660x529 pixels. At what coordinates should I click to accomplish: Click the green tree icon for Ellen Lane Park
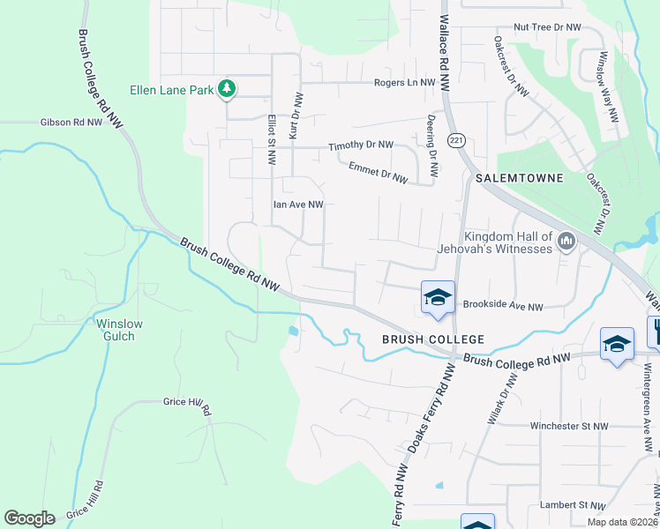tap(228, 88)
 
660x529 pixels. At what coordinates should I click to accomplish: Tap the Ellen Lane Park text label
tap(172, 89)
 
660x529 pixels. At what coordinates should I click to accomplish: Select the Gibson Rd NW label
tap(71, 123)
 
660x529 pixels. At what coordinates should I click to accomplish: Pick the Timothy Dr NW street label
tap(361, 146)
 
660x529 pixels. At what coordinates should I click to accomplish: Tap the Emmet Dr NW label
tap(378, 172)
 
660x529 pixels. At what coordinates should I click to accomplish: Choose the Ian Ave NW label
tap(298, 205)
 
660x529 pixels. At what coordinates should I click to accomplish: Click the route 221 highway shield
tap(456, 140)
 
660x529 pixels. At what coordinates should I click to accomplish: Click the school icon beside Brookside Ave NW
tap(438, 297)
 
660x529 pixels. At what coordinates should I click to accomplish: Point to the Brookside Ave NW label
tap(503, 307)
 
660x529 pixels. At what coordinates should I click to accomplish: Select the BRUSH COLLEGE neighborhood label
tap(432, 339)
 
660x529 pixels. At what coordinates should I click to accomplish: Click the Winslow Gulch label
tap(116, 330)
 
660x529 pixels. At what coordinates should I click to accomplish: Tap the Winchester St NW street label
tap(569, 426)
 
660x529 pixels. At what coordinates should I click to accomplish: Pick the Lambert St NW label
tap(573, 506)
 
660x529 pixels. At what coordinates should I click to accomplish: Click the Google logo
tap(29, 518)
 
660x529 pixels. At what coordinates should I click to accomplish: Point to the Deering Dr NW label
tap(432, 138)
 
